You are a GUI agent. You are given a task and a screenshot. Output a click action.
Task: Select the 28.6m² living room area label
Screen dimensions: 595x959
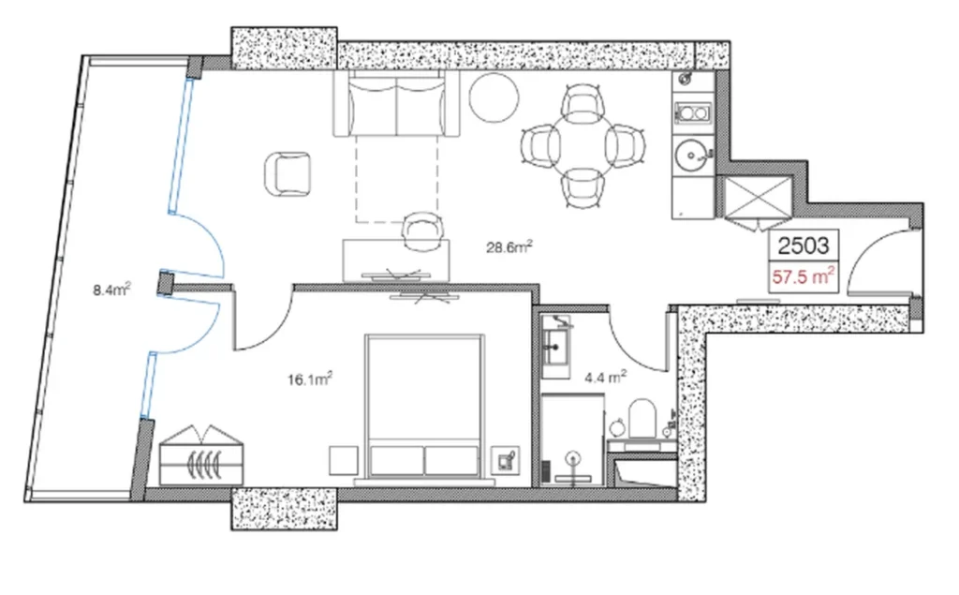[509, 247]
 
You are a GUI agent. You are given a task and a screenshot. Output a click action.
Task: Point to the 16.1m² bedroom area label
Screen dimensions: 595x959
[311, 379]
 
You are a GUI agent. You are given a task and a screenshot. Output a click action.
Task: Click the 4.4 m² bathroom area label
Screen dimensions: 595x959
[604, 379]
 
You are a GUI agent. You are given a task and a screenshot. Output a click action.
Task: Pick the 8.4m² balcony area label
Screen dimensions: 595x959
[111, 290]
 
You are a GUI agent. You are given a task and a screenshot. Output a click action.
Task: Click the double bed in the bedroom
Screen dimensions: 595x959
[424, 409]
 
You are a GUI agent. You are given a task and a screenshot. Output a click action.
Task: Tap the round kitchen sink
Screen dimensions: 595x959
[694, 153]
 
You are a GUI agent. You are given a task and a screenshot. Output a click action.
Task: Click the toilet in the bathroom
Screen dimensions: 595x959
[642, 418]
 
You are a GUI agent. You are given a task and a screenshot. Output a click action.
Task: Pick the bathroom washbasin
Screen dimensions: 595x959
[560, 342]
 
